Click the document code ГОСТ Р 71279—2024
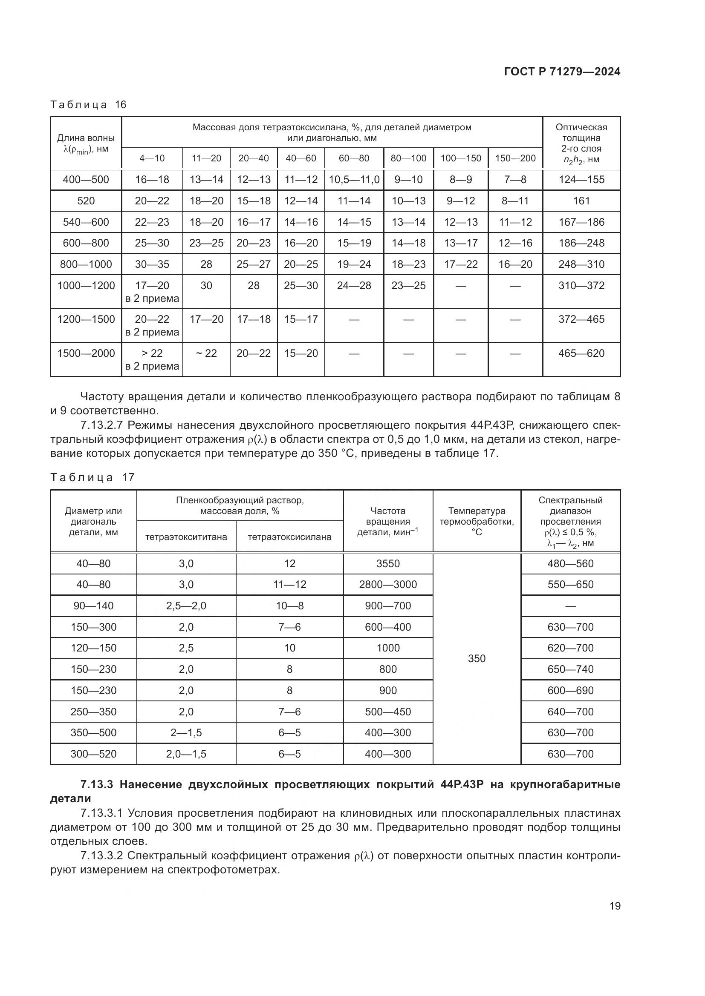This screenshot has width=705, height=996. click(562, 72)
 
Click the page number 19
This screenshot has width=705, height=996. click(615, 906)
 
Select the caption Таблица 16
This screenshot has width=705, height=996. click(88, 105)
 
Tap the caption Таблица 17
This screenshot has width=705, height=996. click(92, 478)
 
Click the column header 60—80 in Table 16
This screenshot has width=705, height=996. click(354, 158)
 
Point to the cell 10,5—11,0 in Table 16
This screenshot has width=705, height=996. click(354, 180)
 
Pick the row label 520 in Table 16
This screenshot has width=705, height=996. click(86, 201)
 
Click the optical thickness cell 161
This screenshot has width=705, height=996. click(581, 201)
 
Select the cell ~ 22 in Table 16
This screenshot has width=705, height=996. click(206, 353)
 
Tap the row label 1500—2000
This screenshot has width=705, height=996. click(86, 353)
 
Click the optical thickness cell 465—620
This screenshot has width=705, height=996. click(581, 353)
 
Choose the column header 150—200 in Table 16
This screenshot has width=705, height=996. click(515, 158)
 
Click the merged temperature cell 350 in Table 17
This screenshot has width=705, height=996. click(477, 658)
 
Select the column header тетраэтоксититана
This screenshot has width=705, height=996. click(186, 537)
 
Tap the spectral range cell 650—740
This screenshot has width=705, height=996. click(570, 669)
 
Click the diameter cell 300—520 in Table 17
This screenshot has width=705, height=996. click(93, 754)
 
